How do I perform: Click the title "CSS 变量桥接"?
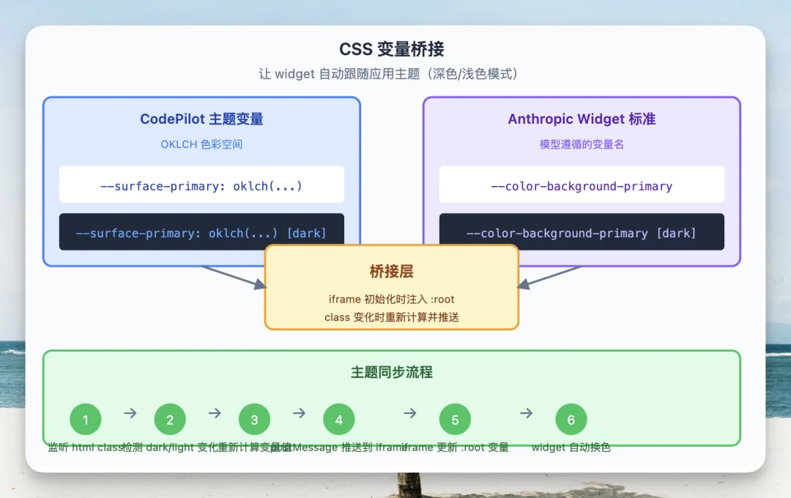(391, 49)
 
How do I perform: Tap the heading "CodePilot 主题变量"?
(201, 119)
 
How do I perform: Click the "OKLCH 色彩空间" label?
(201, 144)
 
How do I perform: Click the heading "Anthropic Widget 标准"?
(582, 119)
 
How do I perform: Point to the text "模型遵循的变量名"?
(582, 144)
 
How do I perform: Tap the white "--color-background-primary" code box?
(582, 186)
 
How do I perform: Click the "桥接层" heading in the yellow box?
(391, 272)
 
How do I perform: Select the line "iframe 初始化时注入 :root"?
(391, 300)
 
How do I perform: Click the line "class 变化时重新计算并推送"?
(391, 317)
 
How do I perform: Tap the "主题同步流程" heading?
(391, 372)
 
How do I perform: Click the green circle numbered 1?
(86, 420)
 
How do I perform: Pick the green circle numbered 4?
(339, 420)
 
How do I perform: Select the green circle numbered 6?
(571, 420)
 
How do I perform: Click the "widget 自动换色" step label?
(571, 447)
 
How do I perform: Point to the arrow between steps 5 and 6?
(526, 413)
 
